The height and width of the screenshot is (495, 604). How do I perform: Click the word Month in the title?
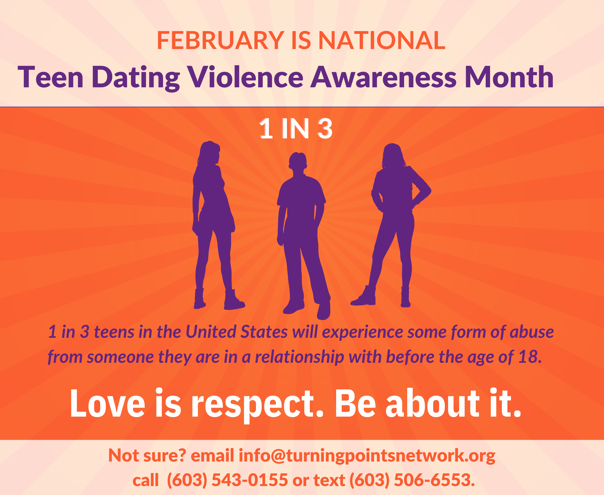[x=509, y=77]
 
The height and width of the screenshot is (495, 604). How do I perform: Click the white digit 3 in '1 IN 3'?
[x=325, y=129]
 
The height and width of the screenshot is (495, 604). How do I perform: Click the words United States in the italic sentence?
[x=237, y=332]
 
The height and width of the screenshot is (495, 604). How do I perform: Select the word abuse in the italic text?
[x=532, y=332]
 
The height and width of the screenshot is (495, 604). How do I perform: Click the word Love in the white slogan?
[x=108, y=404]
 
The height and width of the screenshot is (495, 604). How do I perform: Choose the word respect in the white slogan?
[x=257, y=406]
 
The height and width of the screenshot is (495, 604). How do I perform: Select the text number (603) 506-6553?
[x=412, y=480]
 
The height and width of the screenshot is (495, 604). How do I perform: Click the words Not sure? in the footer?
[x=147, y=455]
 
